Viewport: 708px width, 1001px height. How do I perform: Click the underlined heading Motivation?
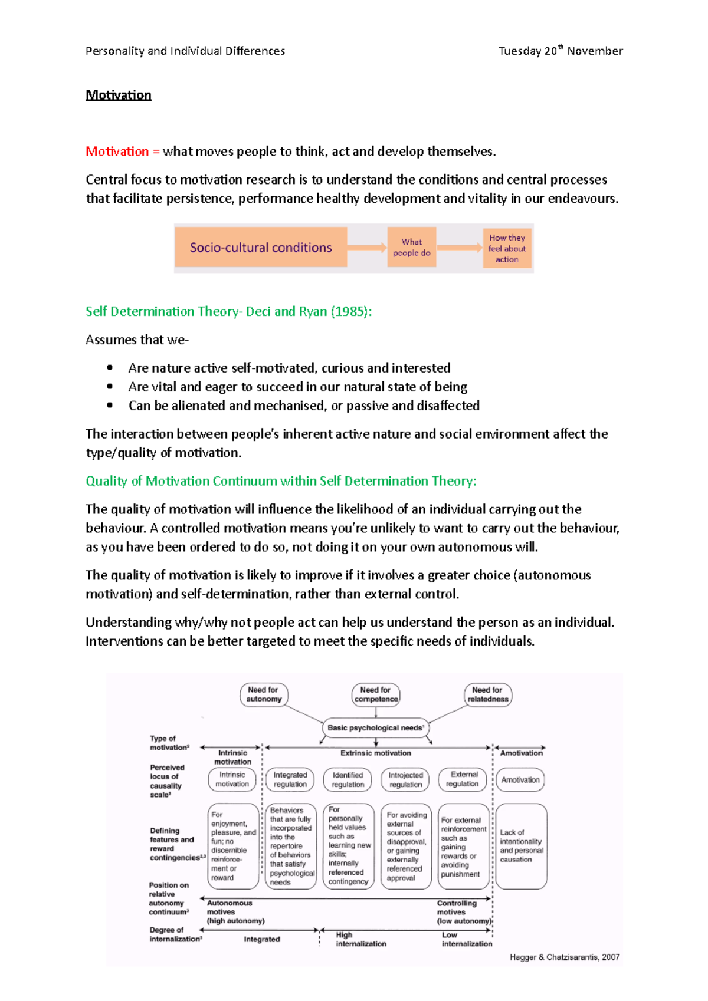click(x=118, y=95)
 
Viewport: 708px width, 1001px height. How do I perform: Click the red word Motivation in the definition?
click(x=117, y=152)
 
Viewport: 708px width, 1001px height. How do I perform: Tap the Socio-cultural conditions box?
click(x=261, y=248)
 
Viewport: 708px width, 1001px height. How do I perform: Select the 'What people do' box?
click(x=412, y=248)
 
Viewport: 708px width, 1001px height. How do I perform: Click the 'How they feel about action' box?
click(x=507, y=248)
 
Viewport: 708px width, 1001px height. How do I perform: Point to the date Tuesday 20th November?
click(x=560, y=51)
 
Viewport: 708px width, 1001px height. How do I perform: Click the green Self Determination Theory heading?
click(x=228, y=311)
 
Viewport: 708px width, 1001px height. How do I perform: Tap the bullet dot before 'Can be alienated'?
click(x=110, y=406)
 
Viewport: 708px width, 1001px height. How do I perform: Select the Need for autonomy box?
click(x=264, y=694)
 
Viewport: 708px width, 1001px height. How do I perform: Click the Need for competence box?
click(x=376, y=694)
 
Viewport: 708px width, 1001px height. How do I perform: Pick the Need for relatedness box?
click(x=488, y=694)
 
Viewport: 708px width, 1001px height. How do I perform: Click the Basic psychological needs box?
click(x=376, y=728)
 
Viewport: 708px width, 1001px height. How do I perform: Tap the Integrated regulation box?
click(x=290, y=779)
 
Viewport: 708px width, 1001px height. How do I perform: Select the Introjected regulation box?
click(x=405, y=779)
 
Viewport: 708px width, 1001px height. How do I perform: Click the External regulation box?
click(x=463, y=779)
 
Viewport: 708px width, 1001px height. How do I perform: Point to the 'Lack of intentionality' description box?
click(x=521, y=846)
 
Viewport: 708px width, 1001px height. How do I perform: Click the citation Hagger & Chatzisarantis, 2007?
click(x=564, y=957)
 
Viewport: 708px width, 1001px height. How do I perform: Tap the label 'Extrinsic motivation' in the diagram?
click(x=376, y=753)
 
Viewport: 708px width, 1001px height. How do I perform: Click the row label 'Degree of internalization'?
click(x=175, y=934)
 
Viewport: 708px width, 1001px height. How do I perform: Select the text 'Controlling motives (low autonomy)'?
click(x=463, y=912)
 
